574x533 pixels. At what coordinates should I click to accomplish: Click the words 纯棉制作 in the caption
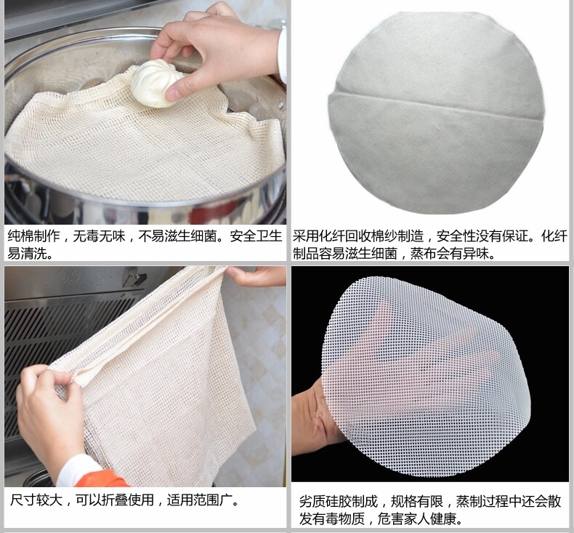tap(33, 236)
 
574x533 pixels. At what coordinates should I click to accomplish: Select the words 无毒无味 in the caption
tap(100, 236)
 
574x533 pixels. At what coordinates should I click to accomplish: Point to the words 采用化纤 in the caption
tap(318, 236)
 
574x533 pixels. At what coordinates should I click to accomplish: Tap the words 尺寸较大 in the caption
tap(36, 500)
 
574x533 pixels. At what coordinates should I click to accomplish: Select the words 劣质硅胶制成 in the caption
tap(339, 501)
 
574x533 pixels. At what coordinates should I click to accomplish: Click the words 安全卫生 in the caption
tap(256, 236)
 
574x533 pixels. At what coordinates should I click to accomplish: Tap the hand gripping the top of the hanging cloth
tap(256, 276)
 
